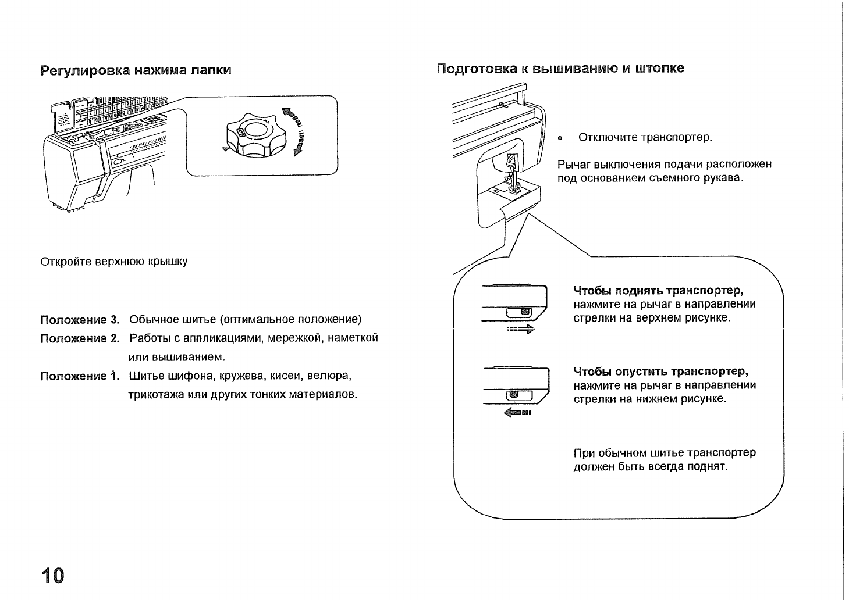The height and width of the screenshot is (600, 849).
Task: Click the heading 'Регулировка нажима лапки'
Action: pos(136,70)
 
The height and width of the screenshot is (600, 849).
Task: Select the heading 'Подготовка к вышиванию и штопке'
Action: pos(560,69)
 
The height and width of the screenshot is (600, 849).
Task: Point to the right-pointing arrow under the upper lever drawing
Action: pos(520,330)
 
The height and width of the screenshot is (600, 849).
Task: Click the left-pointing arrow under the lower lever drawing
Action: pos(517,413)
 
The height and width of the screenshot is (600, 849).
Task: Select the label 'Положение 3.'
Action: pos(80,320)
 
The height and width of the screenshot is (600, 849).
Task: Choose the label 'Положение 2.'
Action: pos(80,338)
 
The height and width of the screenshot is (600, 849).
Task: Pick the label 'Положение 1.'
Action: pos(80,376)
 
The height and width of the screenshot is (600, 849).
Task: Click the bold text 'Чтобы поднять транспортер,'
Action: pos(659,290)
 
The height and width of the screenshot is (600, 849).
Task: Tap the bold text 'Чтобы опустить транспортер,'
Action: pos(660,372)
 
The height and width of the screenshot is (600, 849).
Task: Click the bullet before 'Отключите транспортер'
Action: pos(560,139)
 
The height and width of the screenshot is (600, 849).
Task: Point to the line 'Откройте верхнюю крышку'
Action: pos(114,262)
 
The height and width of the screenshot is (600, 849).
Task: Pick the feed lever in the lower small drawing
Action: pos(513,395)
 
